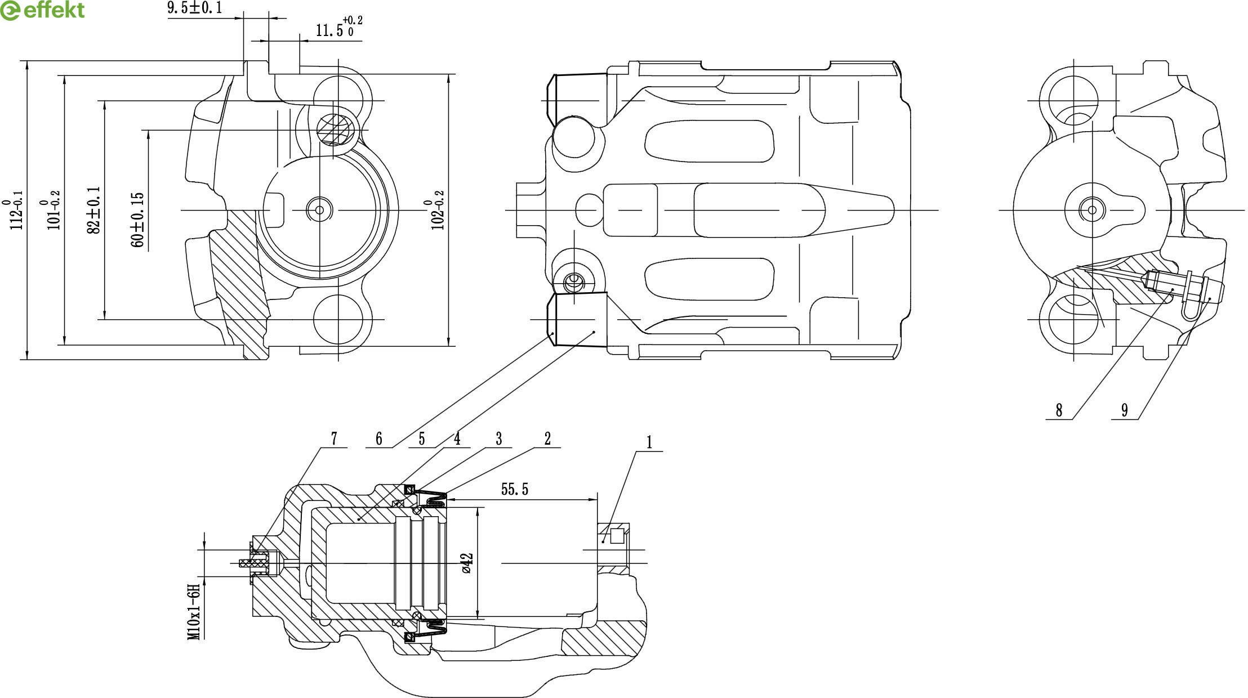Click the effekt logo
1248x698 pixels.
(x=43, y=10)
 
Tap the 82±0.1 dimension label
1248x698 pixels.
(x=93, y=211)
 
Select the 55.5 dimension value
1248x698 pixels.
(x=515, y=489)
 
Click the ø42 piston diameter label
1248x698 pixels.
(x=467, y=563)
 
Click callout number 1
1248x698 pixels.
(x=649, y=442)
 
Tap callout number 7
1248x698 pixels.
(x=334, y=439)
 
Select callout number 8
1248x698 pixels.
(x=1059, y=410)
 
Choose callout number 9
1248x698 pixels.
(x=1125, y=410)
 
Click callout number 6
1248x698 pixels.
(x=378, y=439)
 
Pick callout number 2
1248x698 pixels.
(x=547, y=439)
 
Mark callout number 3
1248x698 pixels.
(x=498, y=439)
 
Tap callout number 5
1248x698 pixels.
(x=421, y=439)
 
